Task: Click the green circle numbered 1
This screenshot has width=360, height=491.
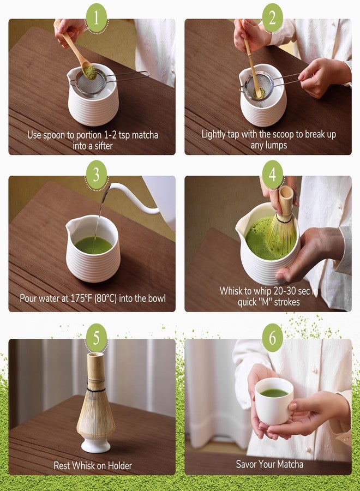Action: click(97, 19)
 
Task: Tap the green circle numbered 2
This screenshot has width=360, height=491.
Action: click(272, 19)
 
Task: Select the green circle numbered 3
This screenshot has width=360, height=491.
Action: click(97, 175)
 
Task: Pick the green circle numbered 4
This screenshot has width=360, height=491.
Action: click(272, 175)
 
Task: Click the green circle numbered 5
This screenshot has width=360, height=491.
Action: click(97, 338)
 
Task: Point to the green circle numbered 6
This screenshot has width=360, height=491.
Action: click(272, 338)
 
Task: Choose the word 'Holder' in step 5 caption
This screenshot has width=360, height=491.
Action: click(118, 465)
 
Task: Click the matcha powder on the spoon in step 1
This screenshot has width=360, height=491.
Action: click(87, 71)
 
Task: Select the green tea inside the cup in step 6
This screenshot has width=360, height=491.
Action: click(274, 392)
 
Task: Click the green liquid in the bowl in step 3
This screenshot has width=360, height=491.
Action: click(93, 245)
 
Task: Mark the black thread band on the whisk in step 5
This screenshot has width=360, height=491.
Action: click(96, 390)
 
